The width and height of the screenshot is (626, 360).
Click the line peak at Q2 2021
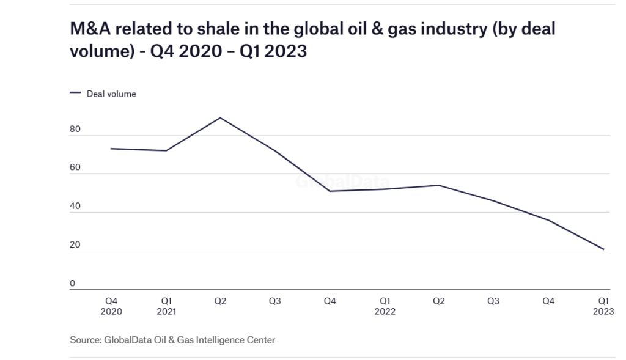pyautogui.click(x=220, y=117)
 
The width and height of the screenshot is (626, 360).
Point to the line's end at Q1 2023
pyautogui.click(x=603, y=249)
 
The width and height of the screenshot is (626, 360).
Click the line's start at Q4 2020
pyautogui.click(x=111, y=149)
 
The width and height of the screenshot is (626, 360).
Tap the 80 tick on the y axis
pyautogui.click(x=75, y=130)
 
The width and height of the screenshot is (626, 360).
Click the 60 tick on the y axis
pyautogui.click(x=75, y=169)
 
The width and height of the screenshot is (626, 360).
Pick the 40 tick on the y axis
pyautogui.click(x=75, y=207)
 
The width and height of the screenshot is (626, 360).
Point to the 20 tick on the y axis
pyautogui.click(x=75, y=246)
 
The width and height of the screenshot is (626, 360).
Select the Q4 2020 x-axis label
pyautogui.click(x=111, y=306)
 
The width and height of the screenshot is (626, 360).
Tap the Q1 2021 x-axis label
pyautogui.click(x=166, y=306)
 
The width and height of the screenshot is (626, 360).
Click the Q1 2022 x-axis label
pyautogui.click(x=385, y=306)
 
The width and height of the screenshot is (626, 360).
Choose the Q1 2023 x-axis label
pyautogui.click(x=603, y=306)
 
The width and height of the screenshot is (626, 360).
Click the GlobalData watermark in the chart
pyautogui.click(x=342, y=182)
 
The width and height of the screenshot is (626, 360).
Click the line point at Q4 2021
pyautogui.click(x=330, y=191)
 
